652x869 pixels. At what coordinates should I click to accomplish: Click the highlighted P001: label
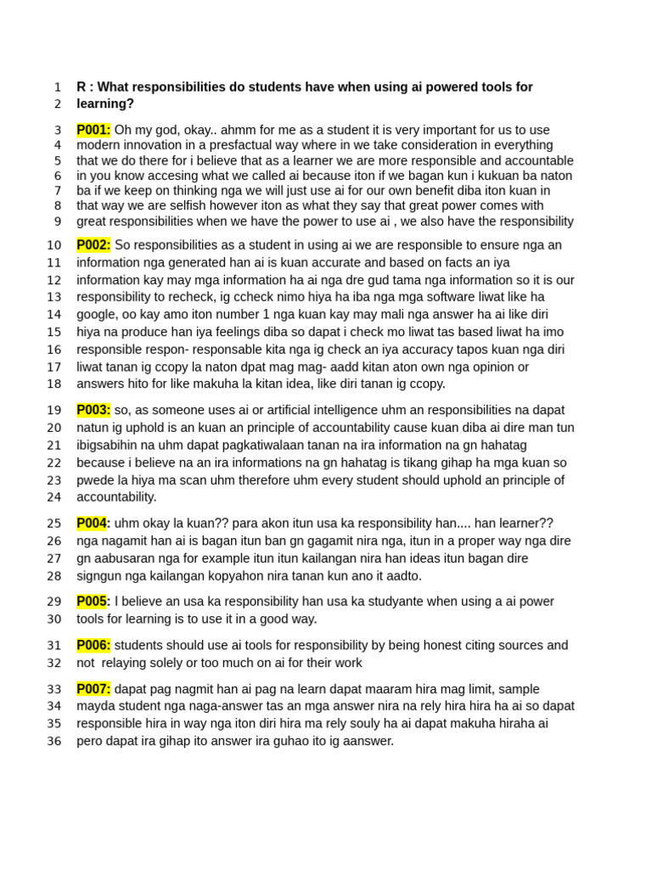pos(93,130)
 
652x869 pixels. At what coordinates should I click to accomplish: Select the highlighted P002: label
pos(93,245)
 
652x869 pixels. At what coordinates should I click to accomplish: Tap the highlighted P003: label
pos(93,410)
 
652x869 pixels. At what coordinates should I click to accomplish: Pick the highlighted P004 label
pos(91,524)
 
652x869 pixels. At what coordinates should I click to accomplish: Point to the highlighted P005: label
pos(93,602)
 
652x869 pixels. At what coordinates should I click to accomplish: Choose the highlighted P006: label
pos(93,646)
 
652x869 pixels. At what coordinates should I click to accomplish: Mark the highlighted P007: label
pos(93,689)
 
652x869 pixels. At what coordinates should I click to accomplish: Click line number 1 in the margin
pos(57,87)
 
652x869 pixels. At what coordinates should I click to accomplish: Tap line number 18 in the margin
pos(54,384)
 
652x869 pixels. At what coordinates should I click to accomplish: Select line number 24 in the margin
pos(54,497)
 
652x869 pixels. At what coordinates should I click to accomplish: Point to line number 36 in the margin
pos(54,741)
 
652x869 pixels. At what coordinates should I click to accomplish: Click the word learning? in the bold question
pos(105,104)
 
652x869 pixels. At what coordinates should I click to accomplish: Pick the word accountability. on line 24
pos(116,497)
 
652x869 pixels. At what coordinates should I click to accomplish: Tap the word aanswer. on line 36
pos(366,741)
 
